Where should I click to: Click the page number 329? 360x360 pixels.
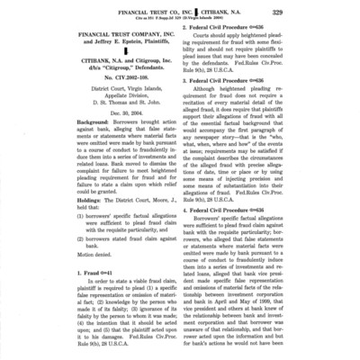pos(341,9)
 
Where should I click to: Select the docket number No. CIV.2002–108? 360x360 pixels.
pos(93,98)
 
